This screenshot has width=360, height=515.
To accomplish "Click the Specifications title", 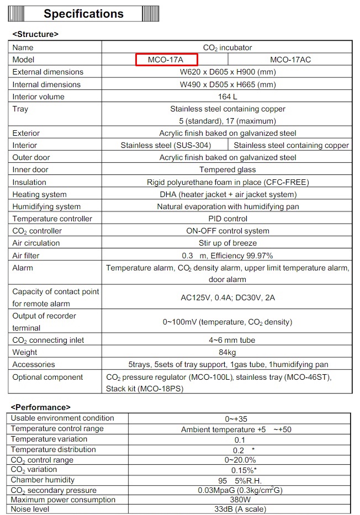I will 83,14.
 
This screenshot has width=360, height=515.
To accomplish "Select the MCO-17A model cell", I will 167,60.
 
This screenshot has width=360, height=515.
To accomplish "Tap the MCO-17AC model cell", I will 290,60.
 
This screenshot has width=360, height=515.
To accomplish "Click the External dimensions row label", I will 48,72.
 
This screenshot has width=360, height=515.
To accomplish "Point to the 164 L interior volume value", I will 227,97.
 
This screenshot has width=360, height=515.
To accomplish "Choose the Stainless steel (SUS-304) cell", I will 165,145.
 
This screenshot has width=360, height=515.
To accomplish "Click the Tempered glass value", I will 227,169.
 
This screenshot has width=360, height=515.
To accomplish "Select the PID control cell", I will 227,219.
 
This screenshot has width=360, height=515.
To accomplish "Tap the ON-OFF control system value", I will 227,231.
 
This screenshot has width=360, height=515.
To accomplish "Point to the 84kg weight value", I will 227,352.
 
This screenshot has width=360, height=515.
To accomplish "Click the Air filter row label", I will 26,256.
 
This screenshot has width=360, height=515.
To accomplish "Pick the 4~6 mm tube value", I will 227,340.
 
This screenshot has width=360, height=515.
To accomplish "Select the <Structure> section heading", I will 35,34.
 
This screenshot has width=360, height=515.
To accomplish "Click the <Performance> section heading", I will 41,407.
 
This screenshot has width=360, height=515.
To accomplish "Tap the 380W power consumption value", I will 240,500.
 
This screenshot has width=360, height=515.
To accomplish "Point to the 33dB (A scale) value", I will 240,509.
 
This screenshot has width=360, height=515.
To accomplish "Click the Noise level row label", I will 30,509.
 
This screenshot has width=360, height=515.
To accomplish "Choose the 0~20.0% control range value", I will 240,460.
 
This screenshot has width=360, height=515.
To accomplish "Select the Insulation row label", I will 29,182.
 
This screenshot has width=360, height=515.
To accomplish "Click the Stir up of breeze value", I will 227,243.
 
